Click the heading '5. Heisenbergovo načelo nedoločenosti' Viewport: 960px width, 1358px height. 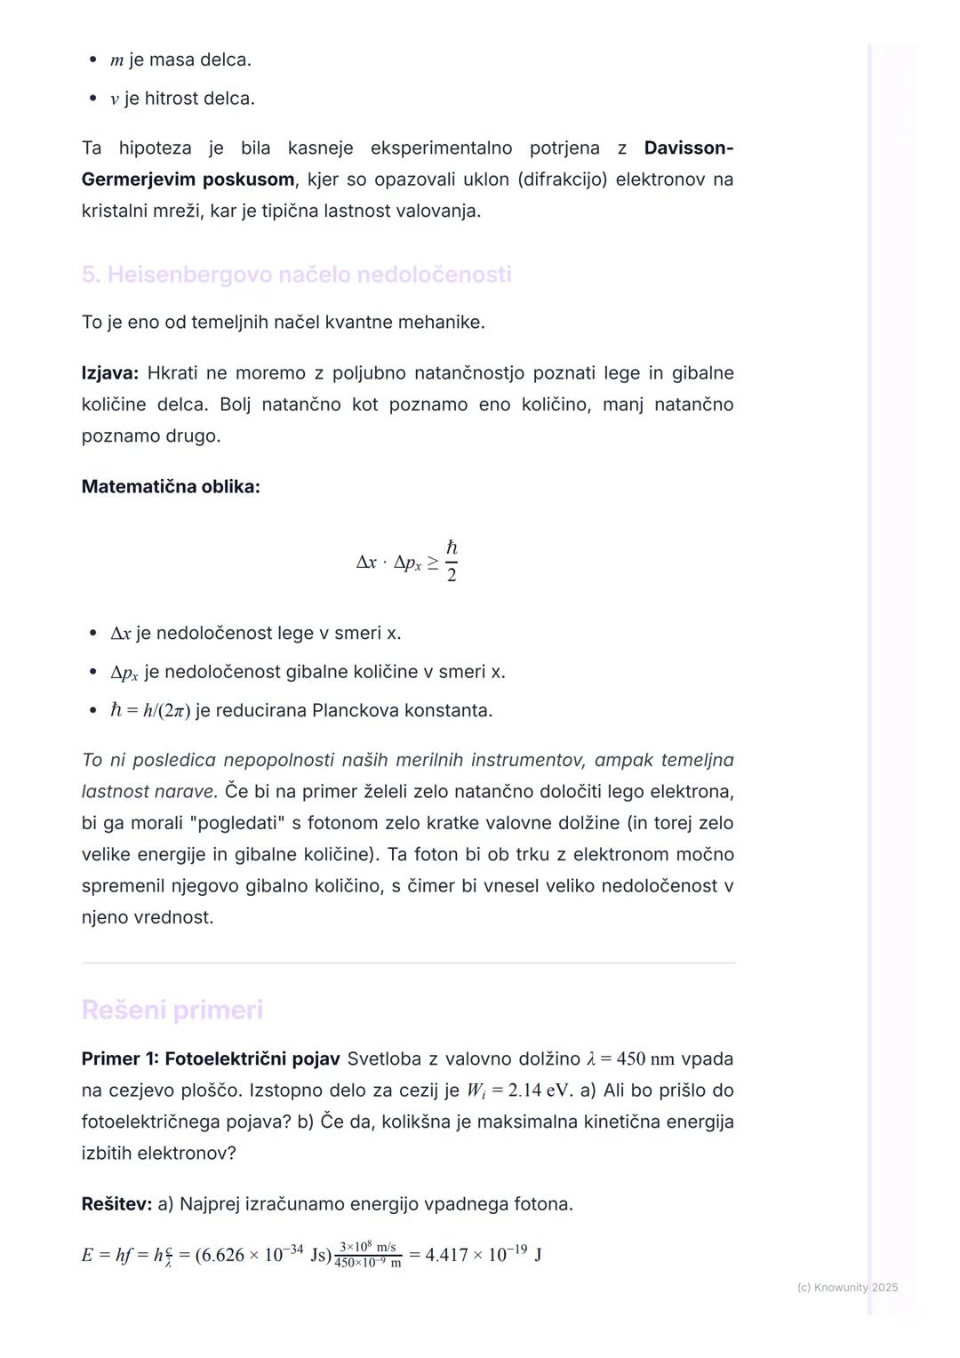click(296, 275)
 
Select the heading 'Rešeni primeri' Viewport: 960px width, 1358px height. click(172, 1010)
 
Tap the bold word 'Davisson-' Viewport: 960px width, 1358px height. click(688, 148)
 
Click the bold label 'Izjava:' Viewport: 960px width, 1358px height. click(109, 373)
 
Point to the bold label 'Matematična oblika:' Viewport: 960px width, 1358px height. click(171, 487)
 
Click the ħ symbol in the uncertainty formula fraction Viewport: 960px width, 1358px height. click(452, 547)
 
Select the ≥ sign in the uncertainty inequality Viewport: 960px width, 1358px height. click(432, 563)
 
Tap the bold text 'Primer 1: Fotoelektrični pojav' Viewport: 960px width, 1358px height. click(210, 1059)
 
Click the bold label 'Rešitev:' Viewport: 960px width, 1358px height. click(116, 1204)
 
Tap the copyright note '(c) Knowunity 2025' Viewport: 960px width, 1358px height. click(847, 1288)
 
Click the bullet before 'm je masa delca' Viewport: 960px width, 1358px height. click(92, 60)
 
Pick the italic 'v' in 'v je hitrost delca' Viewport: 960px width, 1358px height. click(115, 100)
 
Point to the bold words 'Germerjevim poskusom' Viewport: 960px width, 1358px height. click(188, 180)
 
